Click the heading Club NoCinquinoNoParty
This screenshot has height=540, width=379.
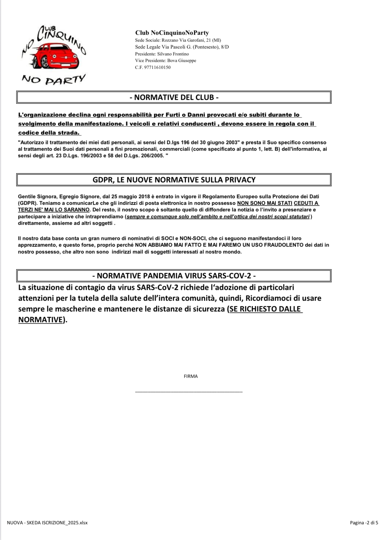coord(172,33)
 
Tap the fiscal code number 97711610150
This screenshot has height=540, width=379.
coord(157,68)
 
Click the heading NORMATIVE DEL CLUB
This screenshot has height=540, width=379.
coord(174,97)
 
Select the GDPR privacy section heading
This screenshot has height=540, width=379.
coord(174,180)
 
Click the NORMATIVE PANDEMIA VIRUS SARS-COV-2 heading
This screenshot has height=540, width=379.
coord(174,276)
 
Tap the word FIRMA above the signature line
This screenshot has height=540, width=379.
coord(191,376)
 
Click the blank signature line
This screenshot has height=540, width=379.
coord(189,391)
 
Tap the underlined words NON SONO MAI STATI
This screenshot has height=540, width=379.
coord(265,203)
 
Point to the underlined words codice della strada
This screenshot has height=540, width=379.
coord(49,133)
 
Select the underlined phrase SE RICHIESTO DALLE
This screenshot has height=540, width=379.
coord(265,309)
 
